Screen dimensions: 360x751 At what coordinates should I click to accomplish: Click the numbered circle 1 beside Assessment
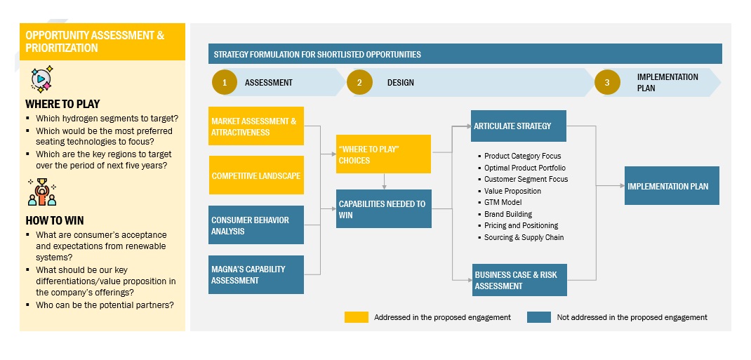pyautogui.click(x=225, y=82)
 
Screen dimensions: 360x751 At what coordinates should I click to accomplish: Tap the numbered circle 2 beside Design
pyautogui.click(x=359, y=82)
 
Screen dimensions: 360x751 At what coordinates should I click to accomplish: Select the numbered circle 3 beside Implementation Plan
pyautogui.click(x=607, y=82)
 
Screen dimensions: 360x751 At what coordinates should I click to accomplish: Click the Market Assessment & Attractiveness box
pyautogui.click(x=255, y=126)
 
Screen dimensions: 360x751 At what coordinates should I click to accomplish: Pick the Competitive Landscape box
pyautogui.click(x=255, y=175)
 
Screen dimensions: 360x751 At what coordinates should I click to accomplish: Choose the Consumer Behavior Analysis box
pyautogui.click(x=255, y=225)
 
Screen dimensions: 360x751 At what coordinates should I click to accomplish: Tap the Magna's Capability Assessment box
pyautogui.click(x=255, y=274)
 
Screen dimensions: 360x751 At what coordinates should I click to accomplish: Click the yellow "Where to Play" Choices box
pyautogui.click(x=383, y=154)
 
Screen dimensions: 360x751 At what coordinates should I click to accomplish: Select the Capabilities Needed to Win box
pyautogui.click(x=383, y=209)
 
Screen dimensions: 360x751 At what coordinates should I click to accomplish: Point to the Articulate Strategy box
pyautogui.click(x=519, y=126)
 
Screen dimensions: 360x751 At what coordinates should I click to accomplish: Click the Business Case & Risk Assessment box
pyautogui.click(x=519, y=280)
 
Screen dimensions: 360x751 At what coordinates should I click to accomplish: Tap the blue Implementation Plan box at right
pyautogui.click(x=672, y=186)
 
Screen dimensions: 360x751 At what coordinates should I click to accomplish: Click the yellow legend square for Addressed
pyautogui.click(x=356, y=317)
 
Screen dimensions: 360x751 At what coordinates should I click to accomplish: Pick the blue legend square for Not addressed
pyautogui.click(x=538, y=317)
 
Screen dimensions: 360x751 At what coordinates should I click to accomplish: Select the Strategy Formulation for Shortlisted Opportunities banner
pyautogui.click(x=465, y=54)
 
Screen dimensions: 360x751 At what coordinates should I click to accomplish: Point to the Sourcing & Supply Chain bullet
pyautogui.click(x=524, y=237)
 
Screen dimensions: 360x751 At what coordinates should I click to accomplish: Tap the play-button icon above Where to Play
pyautogui.click(x=41, y=79)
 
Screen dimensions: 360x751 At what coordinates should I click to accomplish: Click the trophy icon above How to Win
pyautogui.click(x=41, y=192)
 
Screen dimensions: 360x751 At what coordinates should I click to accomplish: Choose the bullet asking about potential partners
pyautogui.click(x=105, y=305)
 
